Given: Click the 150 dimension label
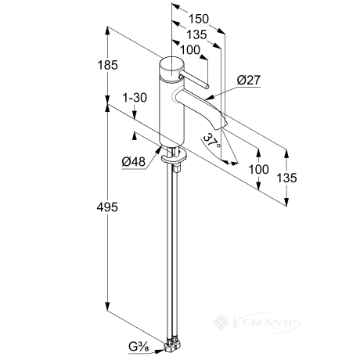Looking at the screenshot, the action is (199, 19).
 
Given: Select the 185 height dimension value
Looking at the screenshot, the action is (107, 65).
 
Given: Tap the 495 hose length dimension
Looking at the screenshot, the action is (107, 207).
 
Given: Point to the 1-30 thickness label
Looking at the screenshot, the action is (135, 98).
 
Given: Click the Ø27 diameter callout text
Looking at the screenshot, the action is (249, 80).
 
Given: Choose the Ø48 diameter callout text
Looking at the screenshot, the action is (133, 162).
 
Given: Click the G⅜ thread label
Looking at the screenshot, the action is (139, 347).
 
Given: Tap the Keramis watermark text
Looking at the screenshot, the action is (265, 323).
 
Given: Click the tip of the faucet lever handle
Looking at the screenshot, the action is (207, 87).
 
